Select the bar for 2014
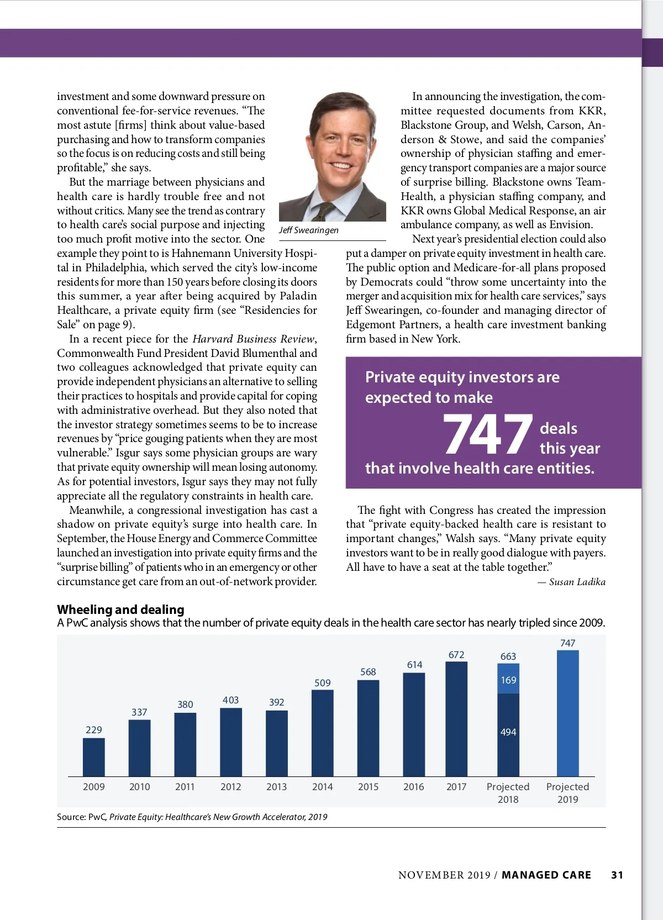[x=323, y=733]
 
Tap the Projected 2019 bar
[x=567, y=713]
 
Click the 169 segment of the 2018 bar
[x=508, y=680]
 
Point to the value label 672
[x=456, y=655]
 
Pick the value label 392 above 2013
[x=277, y=702]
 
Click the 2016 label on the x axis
[x=414, y=787]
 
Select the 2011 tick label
[x=185, y=787]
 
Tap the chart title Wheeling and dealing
[x=120, y=609]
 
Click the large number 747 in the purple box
[x=487, y=435]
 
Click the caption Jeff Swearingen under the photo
[x=309, y=230]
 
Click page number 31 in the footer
[x=617, y=875]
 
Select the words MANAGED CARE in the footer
[x=546, y=875]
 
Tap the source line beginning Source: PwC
[x=192, y=817]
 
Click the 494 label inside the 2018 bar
[x=508, y=732]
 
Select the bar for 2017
[x=456, y=719]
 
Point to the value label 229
[x=94, y=730]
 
